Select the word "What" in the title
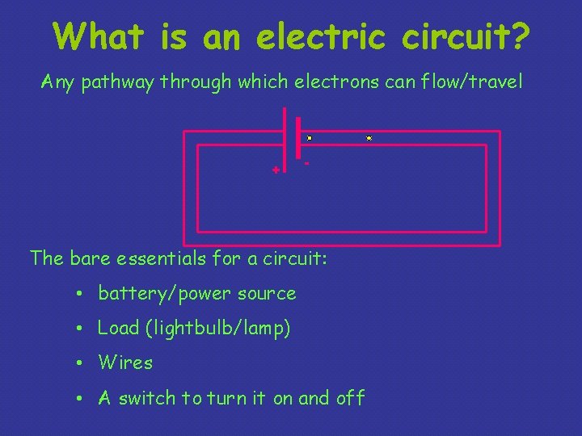pyautogui.click(x=99, y=36)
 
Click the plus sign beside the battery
pyautogui.click(x=276, y=170)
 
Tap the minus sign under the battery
pyautogui.click(x=306, y=164)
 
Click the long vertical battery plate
pyautogui.click(x=285, y=140)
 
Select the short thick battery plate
pyautogui.click(x=298, y=138)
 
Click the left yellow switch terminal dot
pyautogui.click(x=310, y=138)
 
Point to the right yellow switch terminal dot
pyautogui.click(x=369, y=138)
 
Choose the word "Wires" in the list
pyautogui.click(x=125, y=363)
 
